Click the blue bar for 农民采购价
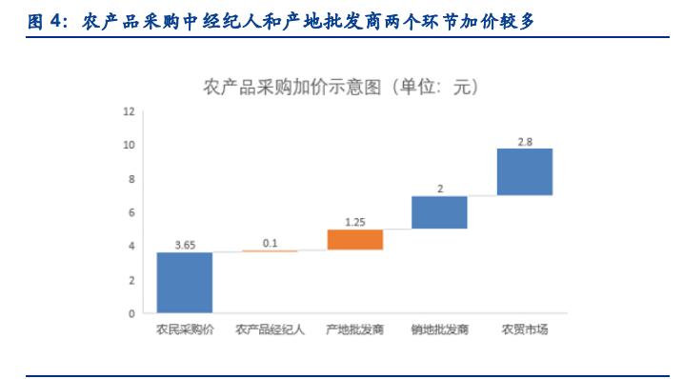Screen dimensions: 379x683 [185, 282]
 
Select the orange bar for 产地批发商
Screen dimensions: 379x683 [354, 239]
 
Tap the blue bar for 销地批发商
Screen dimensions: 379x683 [439, 212]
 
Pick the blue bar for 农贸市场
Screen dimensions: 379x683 [525, 171]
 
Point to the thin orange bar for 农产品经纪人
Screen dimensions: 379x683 [270, 251]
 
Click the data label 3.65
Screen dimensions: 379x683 [185, 245]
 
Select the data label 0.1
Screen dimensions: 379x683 [270, 244]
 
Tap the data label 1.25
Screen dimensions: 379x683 [354, 222]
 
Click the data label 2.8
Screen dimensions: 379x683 [525, 141]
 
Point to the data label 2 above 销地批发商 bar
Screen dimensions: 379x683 [439, 189]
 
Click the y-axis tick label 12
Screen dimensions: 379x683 [129, 111]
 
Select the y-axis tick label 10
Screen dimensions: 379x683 [129, 145]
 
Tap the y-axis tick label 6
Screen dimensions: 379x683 [131, 212]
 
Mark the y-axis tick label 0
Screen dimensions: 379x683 [131, 313]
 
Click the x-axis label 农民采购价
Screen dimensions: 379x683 [185, 330]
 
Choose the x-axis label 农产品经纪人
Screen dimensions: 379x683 [270, 330]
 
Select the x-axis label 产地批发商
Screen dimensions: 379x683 [354, 330]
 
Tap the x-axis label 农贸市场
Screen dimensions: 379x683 [525, 330]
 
